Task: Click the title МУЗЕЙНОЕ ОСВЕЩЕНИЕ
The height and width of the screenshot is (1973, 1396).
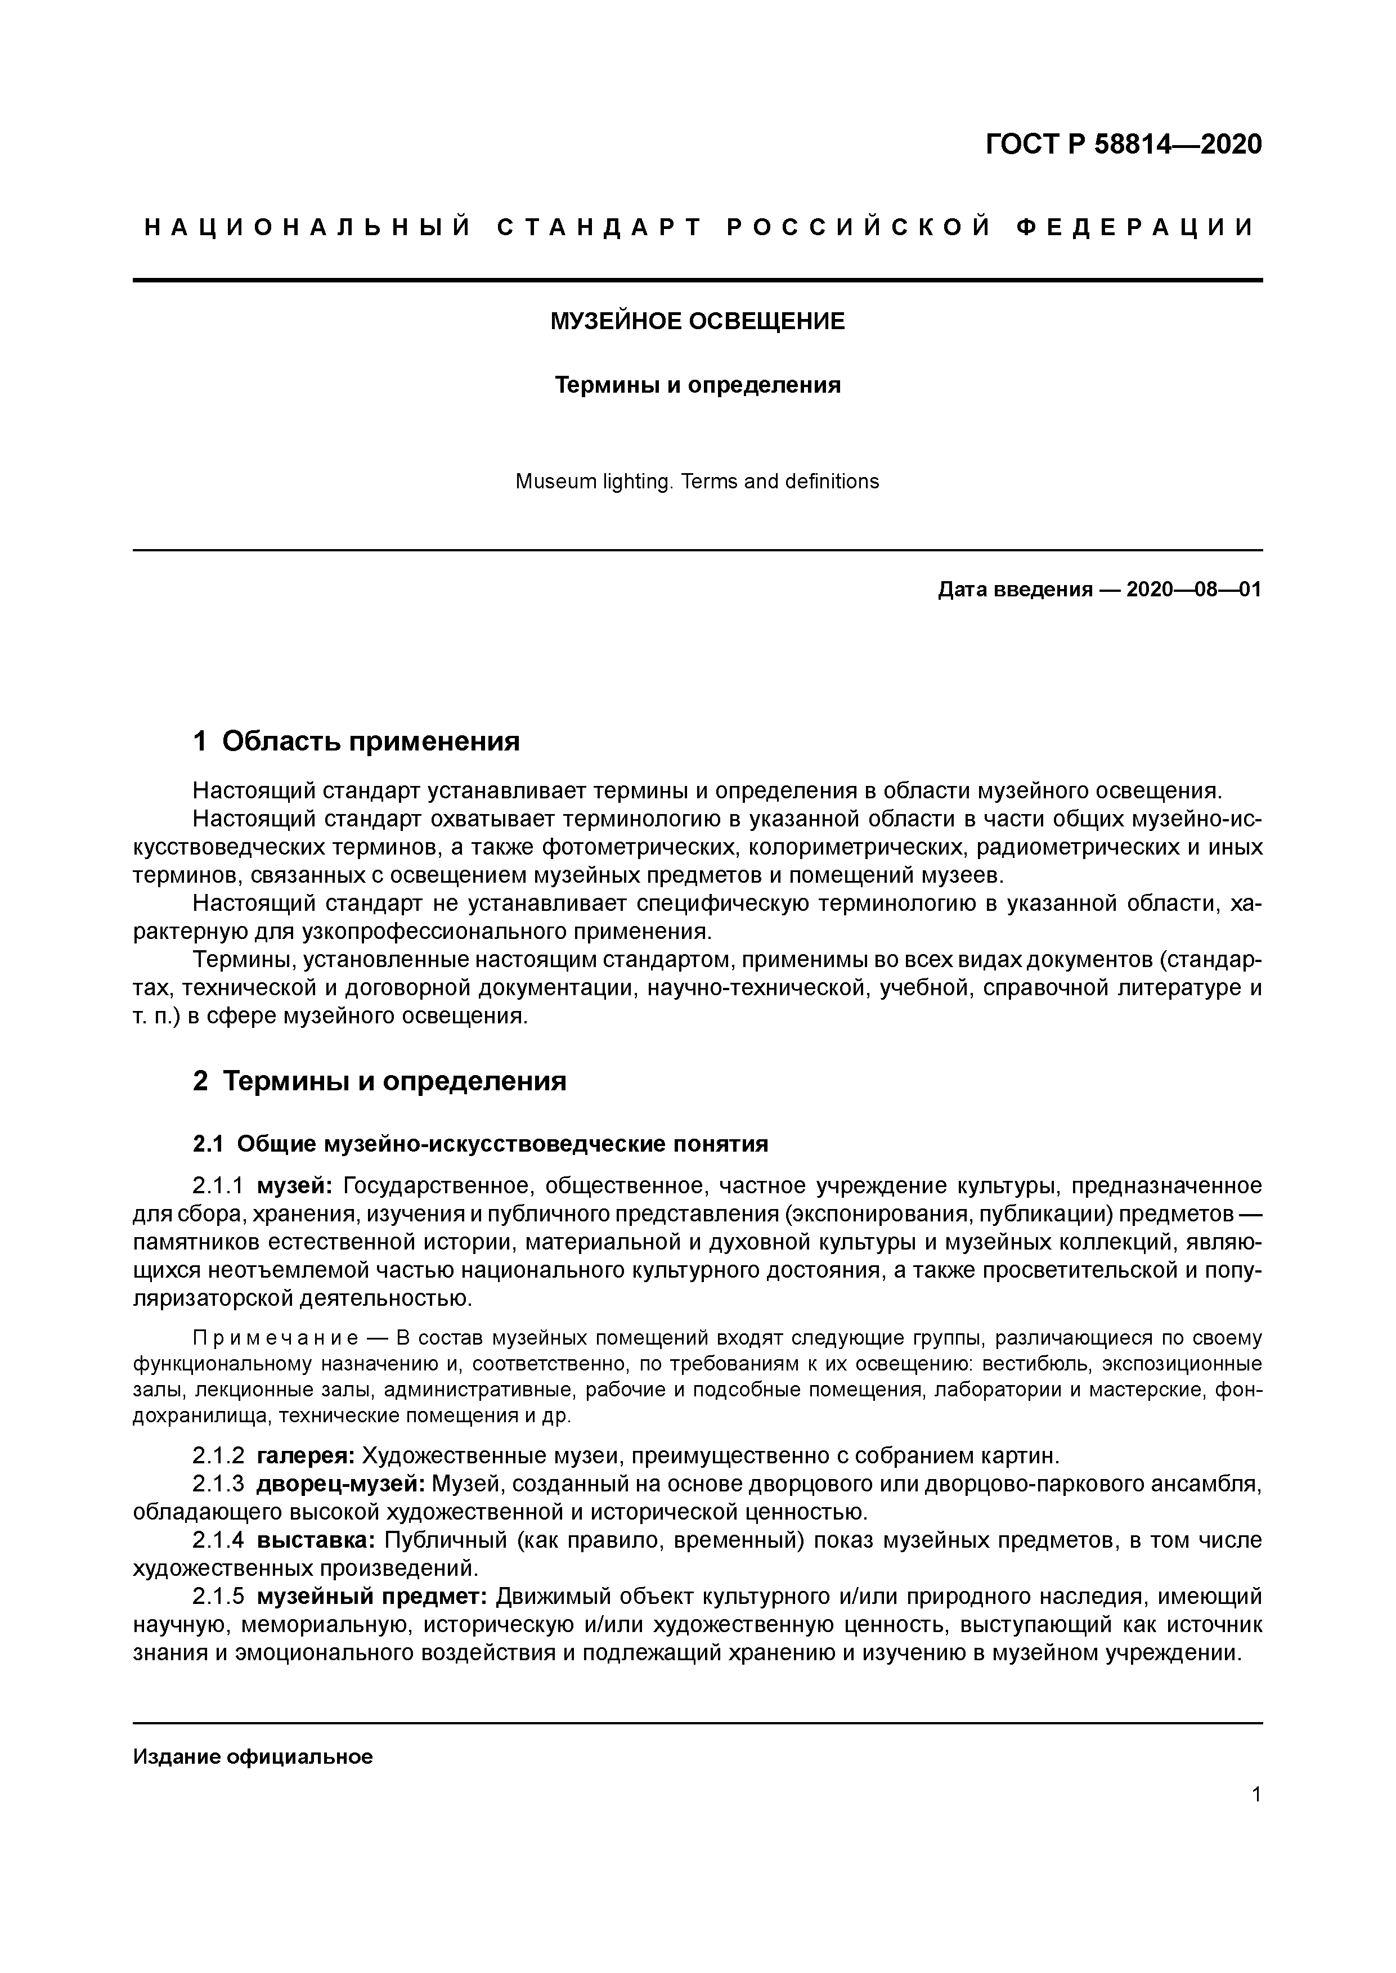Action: (697, 321)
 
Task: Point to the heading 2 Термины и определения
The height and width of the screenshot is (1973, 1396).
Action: (379, 1081)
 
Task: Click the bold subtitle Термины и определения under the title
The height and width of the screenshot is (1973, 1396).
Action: (697, 385)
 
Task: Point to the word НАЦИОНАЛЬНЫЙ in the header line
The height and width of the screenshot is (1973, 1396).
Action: (308, 228)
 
